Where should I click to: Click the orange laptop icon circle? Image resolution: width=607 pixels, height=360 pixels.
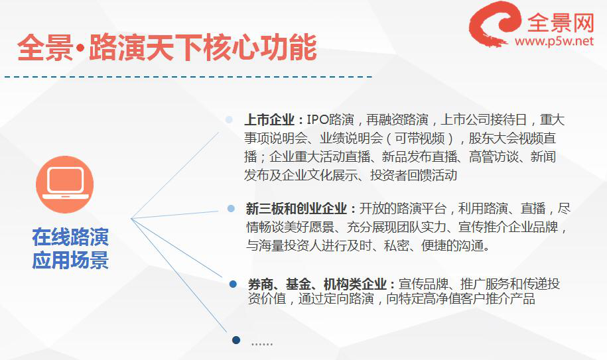[x=64, y=184]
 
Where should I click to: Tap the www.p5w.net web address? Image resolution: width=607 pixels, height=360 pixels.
[x=554, y=41]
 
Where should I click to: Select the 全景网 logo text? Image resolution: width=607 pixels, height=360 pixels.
[x=560, y=23]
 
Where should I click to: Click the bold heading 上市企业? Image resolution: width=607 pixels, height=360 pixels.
[x=269, y=120]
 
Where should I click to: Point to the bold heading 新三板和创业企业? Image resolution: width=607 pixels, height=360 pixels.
[x=296, y=209]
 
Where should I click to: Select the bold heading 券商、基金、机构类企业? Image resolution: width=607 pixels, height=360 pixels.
[x=317, y=284]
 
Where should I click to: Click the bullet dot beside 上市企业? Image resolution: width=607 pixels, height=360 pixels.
[x=229, y=119]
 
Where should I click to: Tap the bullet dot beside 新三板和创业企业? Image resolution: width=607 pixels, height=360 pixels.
[x=231, y=209]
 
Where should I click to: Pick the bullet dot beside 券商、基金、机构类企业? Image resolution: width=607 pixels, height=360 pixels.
[x=233, y=284]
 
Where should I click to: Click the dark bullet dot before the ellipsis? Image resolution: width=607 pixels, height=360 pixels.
[x=236, y=340]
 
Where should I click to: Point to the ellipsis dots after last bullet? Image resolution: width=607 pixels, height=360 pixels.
[x=262, y=344]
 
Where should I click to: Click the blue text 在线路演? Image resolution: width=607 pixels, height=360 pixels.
[x=70, y=237]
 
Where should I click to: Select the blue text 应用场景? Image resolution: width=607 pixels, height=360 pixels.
[x=70, y=261]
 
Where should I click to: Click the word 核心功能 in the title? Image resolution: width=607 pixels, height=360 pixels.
[x=260, y=48]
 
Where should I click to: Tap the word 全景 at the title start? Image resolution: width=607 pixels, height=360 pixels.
[x=45, y=48]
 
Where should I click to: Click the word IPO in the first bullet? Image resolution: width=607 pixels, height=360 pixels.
[x=318, y=120]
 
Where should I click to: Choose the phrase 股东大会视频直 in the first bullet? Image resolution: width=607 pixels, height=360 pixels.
[x=512, y=138]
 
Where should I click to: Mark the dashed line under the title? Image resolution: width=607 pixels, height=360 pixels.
[x=188, y=77]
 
